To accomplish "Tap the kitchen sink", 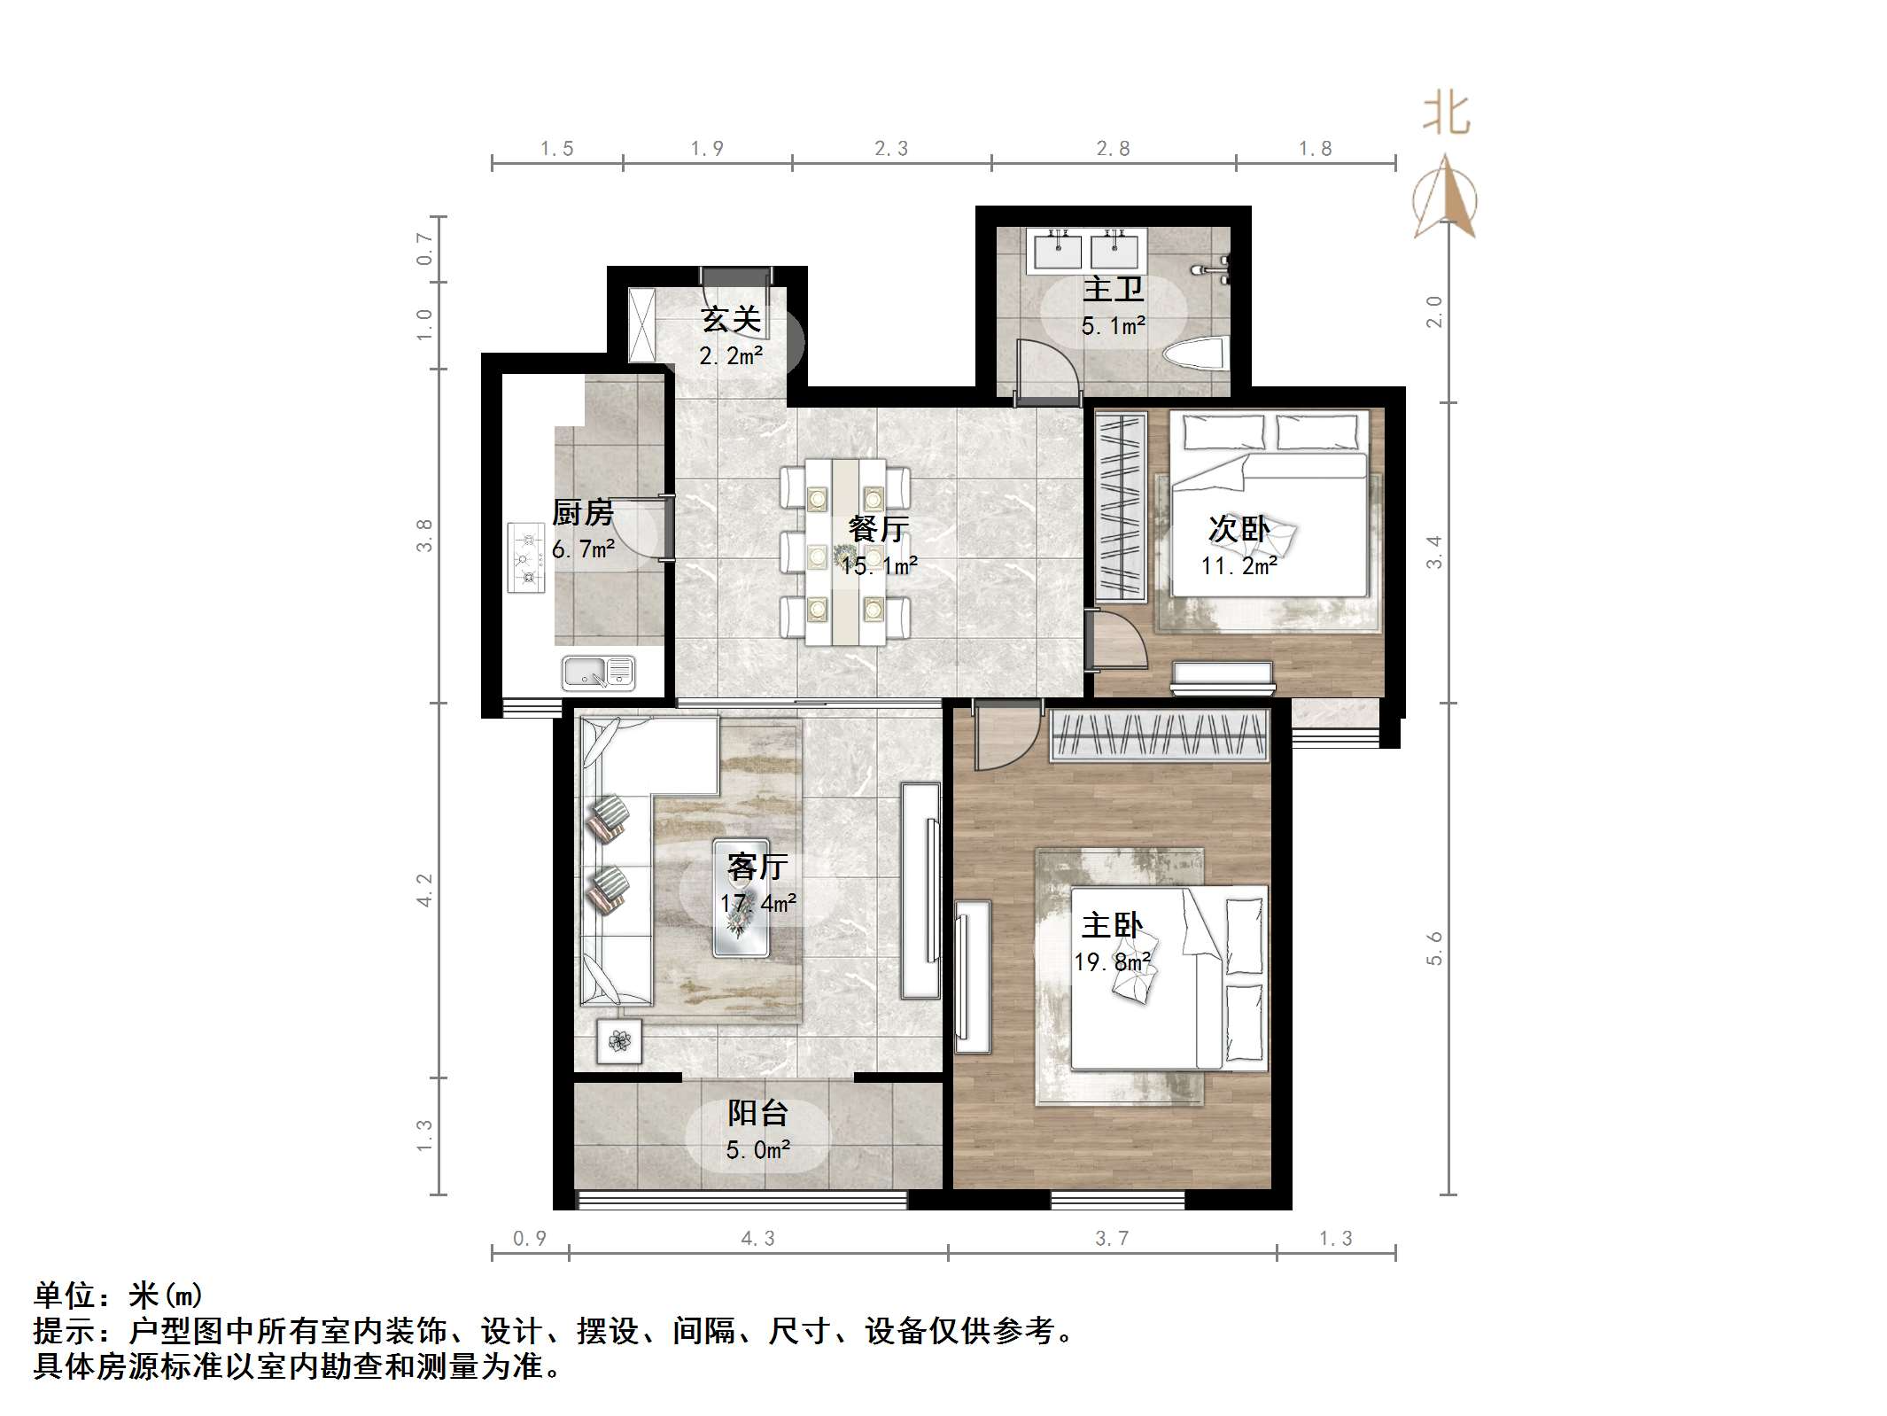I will pyautogui.click(x=599, y=673).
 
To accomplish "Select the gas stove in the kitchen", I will pyautogui.click(x=526, y=557).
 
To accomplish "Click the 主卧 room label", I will pyautogui.click(x=1112, y=926).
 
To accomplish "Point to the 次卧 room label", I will pyautogui.click(x=1239, y=530).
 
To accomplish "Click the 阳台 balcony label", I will pyautogui.click(x=757, y=1113).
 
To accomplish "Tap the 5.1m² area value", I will pyautogui.click(x=1113, y=326).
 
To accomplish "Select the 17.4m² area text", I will pyautogui.click(x=757, y=903).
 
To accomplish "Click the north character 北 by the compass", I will pyautogui.click(x=1446, y=115).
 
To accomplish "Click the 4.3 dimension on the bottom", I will pyautogui.click(x=757, y=1239).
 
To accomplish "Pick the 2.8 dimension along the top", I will pyautogui.click(x=1113, y=149).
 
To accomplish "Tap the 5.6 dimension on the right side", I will pyautogui.click(x=1434, y=948).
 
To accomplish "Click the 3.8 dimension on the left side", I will pyautogui.click(x=425, y=535).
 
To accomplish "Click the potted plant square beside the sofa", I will pyautogui.click(x=619, y=1040).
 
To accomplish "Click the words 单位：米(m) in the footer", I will pyautogui.click(x=118, y=1295).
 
